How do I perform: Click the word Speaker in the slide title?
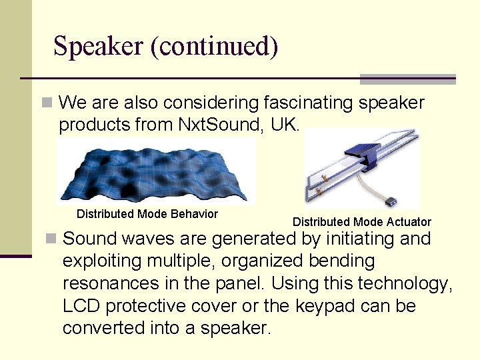[99, 47]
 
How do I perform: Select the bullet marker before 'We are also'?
[47, 103]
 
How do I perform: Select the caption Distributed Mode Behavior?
[147, 214]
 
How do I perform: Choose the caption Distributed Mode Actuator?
[362, 222]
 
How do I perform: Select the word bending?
[339, 261]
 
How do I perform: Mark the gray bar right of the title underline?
[407, 79]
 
